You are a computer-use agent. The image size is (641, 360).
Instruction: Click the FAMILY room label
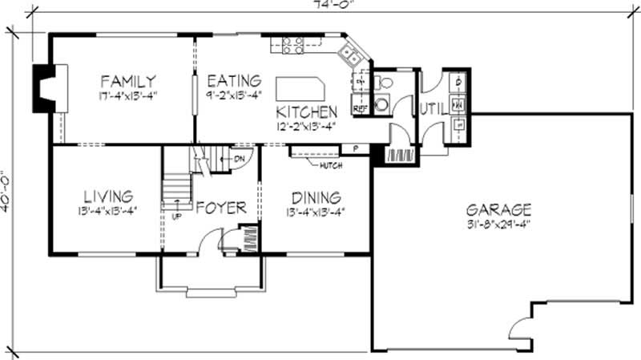pyautogui.click(x=127, y=81)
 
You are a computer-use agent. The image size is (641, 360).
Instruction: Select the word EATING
pyautogui.click(x=234, y=81)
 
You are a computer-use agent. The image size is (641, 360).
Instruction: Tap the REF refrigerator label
pyautogui.click(x=360, y=106)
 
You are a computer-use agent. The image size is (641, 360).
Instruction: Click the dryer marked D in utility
pyautogui.click(x=458, y=83)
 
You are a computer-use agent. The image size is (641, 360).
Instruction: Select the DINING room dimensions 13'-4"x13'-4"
pyautogui.click(x=315, y=212)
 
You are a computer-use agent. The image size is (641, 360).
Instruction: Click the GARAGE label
pyautogui.click(x=498, y=209)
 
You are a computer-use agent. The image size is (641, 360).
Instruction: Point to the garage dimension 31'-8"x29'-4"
pyautogui.click(x=498, y=224)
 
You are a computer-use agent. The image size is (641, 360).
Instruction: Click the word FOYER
pyautogui.click(x=220, y=208)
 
